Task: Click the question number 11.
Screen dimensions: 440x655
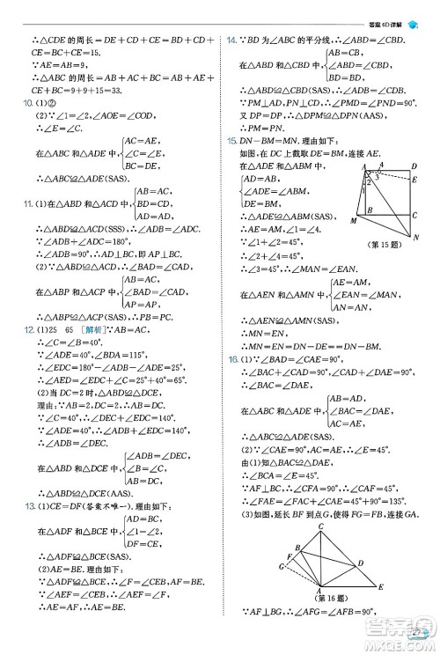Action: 28,204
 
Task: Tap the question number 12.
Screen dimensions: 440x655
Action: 28,330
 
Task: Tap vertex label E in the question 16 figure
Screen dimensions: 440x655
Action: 380,585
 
